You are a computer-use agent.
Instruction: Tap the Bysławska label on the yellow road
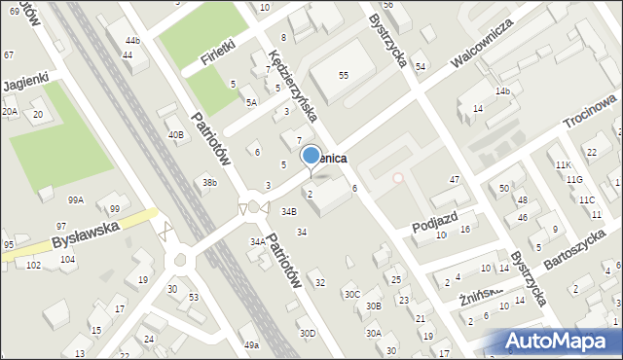click(87, 230)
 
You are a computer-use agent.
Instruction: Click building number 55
click(343, 75)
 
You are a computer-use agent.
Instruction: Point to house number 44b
click(132, 40)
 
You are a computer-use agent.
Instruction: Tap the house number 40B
click(175, 134)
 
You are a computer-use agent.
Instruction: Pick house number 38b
click(208, 182)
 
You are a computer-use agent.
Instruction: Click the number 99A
click(75, 199)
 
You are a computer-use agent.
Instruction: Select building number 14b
click(502, 90)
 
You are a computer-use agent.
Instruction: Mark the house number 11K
click(563, 165)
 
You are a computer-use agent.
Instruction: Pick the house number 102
click(33, 265)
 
